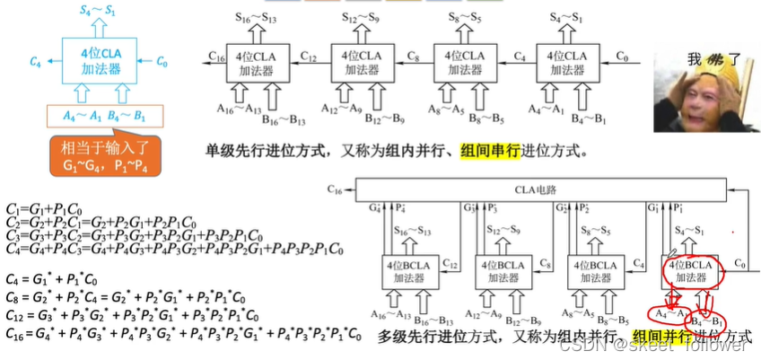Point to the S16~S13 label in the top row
pos(257,18)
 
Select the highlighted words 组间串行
pos(489,151)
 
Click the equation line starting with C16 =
pos(183,334)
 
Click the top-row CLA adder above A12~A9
pos(357,61)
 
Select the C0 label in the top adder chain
pos(622,57)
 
